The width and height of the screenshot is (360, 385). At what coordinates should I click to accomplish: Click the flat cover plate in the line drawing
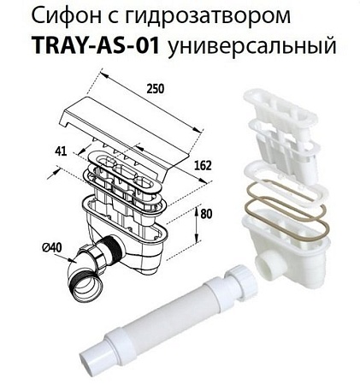[137, 128]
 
